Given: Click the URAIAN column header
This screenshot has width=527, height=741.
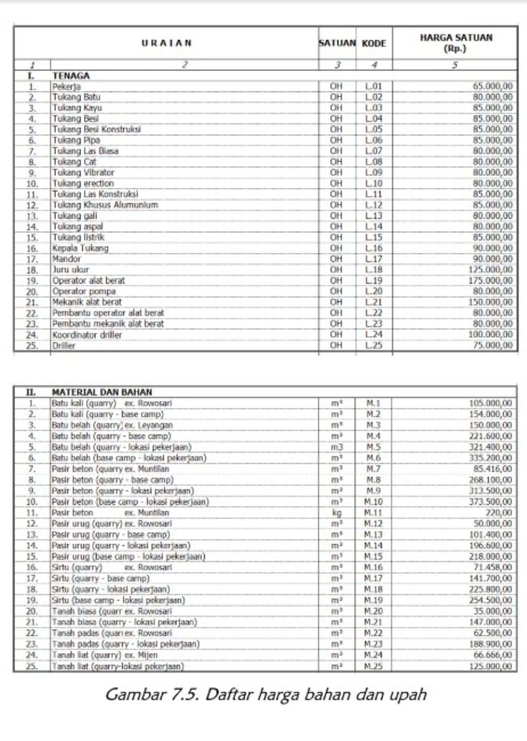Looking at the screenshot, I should (x=166, y=43).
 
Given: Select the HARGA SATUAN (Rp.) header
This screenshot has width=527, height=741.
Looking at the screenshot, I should (x=455, y=43).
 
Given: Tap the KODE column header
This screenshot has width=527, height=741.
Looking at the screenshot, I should (x=374, y=43).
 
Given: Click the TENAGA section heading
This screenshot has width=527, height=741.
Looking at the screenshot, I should (x=71, y=76).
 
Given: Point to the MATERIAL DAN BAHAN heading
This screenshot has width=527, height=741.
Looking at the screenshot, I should (x=102, y=392).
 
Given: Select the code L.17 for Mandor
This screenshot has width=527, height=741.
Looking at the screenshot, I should (x=374, y=259).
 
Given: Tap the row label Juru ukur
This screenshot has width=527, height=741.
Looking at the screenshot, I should (x=70, y=270).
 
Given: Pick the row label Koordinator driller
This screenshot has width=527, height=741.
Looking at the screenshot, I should (x=87, y=335).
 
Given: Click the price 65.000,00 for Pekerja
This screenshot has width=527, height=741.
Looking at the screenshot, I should (x=492, y=86).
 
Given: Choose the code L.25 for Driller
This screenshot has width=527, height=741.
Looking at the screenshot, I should (x=374, y=345).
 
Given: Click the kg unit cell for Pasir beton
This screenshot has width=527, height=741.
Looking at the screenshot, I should (x=336, y=513).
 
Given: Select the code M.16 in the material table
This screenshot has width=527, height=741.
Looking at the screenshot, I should (x=373, y=568).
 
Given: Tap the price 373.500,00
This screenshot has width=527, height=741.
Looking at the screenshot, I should (x=490, y=502).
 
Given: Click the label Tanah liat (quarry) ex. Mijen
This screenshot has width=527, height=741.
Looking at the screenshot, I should (x=105, y=655).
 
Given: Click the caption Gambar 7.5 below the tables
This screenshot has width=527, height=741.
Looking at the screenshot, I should (x=266, y=694).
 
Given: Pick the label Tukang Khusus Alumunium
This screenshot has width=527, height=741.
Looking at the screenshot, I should (x=105, y=205).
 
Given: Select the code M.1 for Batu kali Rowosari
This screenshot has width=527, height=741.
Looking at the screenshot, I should (x=373, y=403).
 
